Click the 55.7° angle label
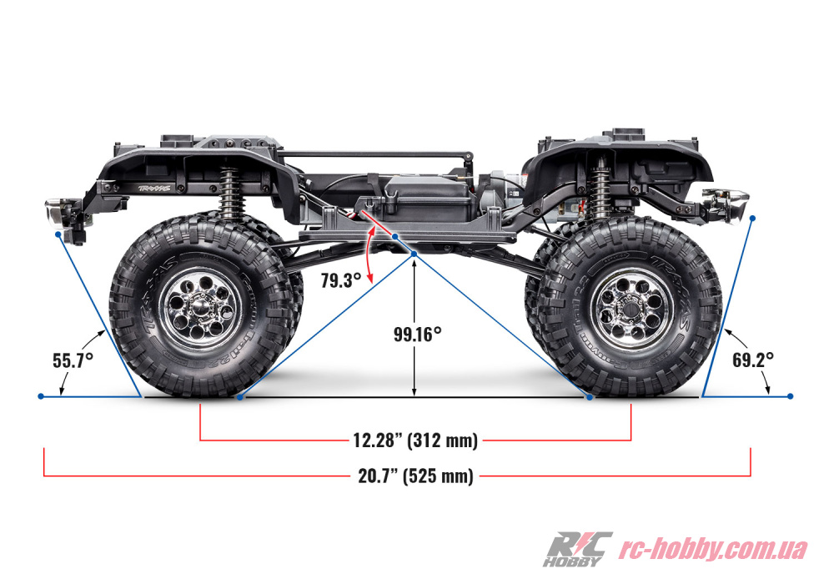pyautogui.click(x=73, y=360)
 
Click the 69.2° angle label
pyautogui.click(x=752, y=360)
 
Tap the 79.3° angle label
pyautogui.click(x=341, y=280)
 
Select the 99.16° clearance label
pyautogui.click(x=418, y=334)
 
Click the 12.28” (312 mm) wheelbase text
pyautogui.click(x=415, y=441)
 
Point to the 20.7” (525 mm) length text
pyautogui.click(x=415, y=476)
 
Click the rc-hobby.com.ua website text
pyautogui.click(x=713, y=549)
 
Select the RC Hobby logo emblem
pyautogui.click(x=577, y=550)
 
